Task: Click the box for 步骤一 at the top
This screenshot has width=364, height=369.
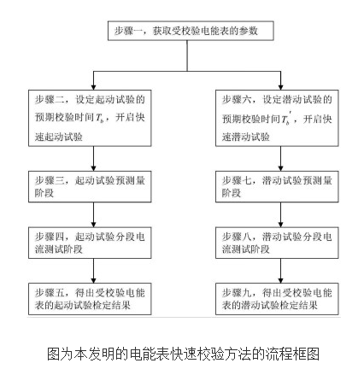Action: pyautogui.click(x=191, y=32)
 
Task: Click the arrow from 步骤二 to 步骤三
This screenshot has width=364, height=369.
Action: pyautogui.click(x=91, y=161)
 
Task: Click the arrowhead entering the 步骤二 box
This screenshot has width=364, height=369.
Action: pyautogui.click(x=91, y=87)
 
